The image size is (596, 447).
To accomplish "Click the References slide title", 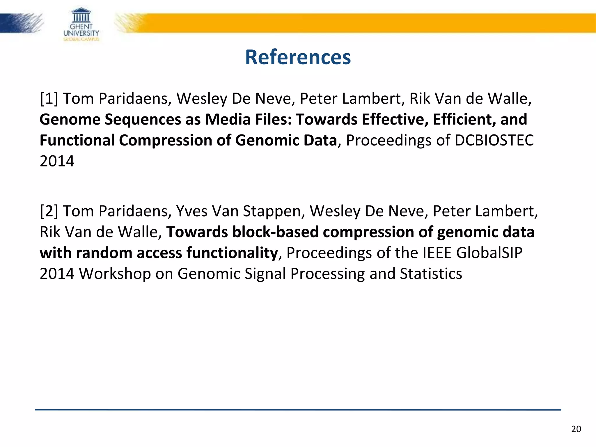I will pyautogui.click(x=298, y=57).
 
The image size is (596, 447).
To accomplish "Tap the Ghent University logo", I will pyautogui.click(x=81, y=25).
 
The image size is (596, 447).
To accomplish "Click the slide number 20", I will pyautogui.click(x=576, y=429).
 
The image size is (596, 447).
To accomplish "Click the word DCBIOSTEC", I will pyautogui.click(x=494, y=140).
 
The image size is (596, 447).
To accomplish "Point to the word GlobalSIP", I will pyautogui.click(x=489, y=253).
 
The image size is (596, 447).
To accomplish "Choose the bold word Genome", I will pyautogui.click(x=70, y=120).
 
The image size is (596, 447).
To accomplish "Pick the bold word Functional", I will pyautogui.click(x=77, y=140).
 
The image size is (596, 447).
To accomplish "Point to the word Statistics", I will pyautogui.click(x=431, y=274).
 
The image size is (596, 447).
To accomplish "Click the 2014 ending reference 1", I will pyautogui.click(x=57, y=161).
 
